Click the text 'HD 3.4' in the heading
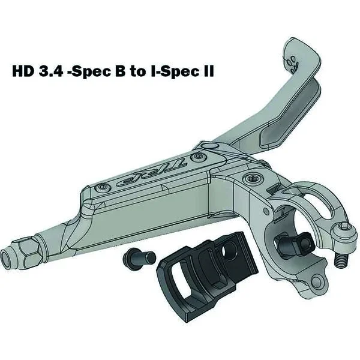point(36,72)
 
